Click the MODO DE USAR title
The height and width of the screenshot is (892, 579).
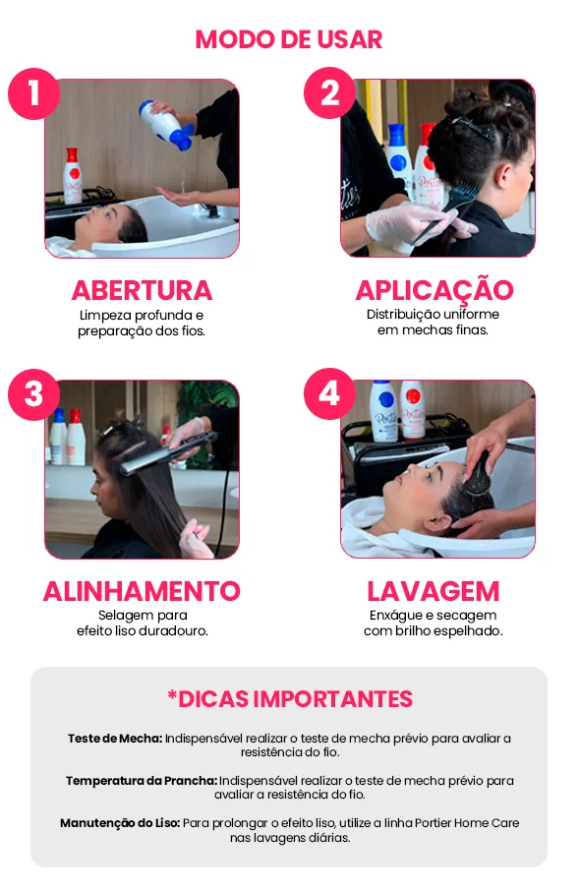289,39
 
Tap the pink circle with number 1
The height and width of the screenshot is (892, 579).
33,93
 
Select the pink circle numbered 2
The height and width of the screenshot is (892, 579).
330,92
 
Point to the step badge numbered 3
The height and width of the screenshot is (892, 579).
33,394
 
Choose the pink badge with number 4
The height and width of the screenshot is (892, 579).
330,393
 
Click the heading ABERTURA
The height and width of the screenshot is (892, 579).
142,291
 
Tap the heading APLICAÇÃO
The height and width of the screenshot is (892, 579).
434,289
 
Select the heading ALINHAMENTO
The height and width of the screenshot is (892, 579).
142,592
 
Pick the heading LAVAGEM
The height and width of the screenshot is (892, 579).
434,592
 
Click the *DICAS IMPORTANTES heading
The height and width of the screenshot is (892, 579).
290,699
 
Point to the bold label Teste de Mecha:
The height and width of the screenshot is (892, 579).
115,739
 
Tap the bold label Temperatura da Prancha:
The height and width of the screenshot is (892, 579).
141,781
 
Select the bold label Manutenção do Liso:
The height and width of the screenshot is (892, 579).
120,823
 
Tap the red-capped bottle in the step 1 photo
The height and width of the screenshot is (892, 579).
72,176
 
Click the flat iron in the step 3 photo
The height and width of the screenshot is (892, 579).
168,453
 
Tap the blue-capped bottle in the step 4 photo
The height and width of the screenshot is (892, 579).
383,411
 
